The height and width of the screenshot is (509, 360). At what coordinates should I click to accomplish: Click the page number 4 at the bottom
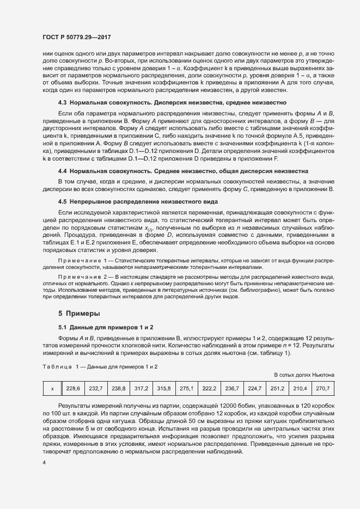tap(44, 463)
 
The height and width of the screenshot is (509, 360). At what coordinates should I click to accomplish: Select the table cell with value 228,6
tap(73, 388)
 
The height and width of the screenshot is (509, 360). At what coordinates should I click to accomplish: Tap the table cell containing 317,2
tap(142, 388)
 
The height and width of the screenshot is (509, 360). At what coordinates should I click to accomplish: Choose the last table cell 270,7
tap(323, 388)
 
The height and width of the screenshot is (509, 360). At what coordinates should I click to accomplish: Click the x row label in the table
tap(52, 388)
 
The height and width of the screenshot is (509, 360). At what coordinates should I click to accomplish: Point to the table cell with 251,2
tap(278, 388)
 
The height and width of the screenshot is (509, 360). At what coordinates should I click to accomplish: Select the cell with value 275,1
tap(187, 388)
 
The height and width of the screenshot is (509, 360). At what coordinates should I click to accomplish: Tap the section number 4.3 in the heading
tap(63, 102)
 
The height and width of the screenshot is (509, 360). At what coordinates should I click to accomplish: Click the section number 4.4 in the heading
tap(63, 170)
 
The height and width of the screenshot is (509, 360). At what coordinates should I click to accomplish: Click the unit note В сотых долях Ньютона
tap(304, 375)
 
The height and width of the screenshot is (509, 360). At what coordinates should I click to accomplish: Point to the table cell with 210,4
tap(300, 388)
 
